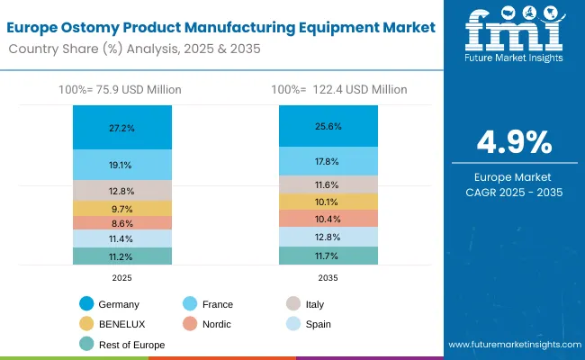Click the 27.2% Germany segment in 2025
[x=121, y=128]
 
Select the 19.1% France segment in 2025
[x=121, y=165]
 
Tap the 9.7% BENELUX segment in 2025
[x=121, y=208]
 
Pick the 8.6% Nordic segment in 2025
[x=121, y=223]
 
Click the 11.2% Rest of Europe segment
[x=121, y=256]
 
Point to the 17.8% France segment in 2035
[x=328, y=161]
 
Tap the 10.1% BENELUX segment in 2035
[x=328, y=202]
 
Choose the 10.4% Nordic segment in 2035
[x=328, y=219]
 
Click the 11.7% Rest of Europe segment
[x=328, y=256]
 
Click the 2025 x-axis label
[x=121, y=279]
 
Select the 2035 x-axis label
[x=328, y=279]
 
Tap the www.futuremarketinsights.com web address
[x=512, y=345]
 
